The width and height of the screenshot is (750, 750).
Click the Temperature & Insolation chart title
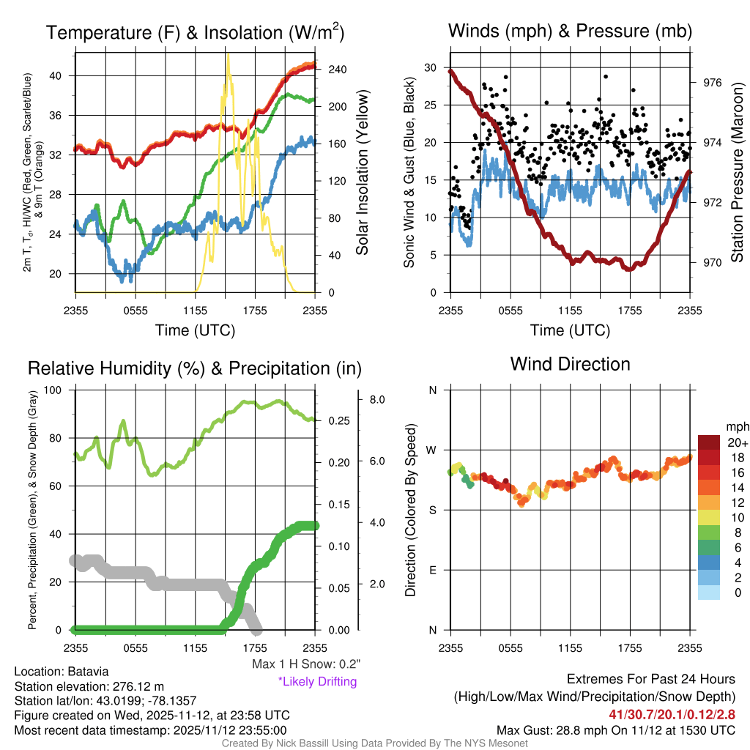click(195, 33)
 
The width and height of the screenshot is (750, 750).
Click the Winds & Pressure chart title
click(570, 31)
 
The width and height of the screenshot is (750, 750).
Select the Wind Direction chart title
click(570, 363)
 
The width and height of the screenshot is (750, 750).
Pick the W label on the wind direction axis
click(432, 450)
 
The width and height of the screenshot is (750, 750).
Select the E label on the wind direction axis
click(433, 570)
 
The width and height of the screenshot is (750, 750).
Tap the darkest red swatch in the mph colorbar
click(709, 442)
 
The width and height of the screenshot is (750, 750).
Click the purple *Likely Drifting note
click(317, 682)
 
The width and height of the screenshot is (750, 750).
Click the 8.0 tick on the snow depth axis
click(378, 400)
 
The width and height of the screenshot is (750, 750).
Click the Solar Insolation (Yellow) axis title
click(362, 172)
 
